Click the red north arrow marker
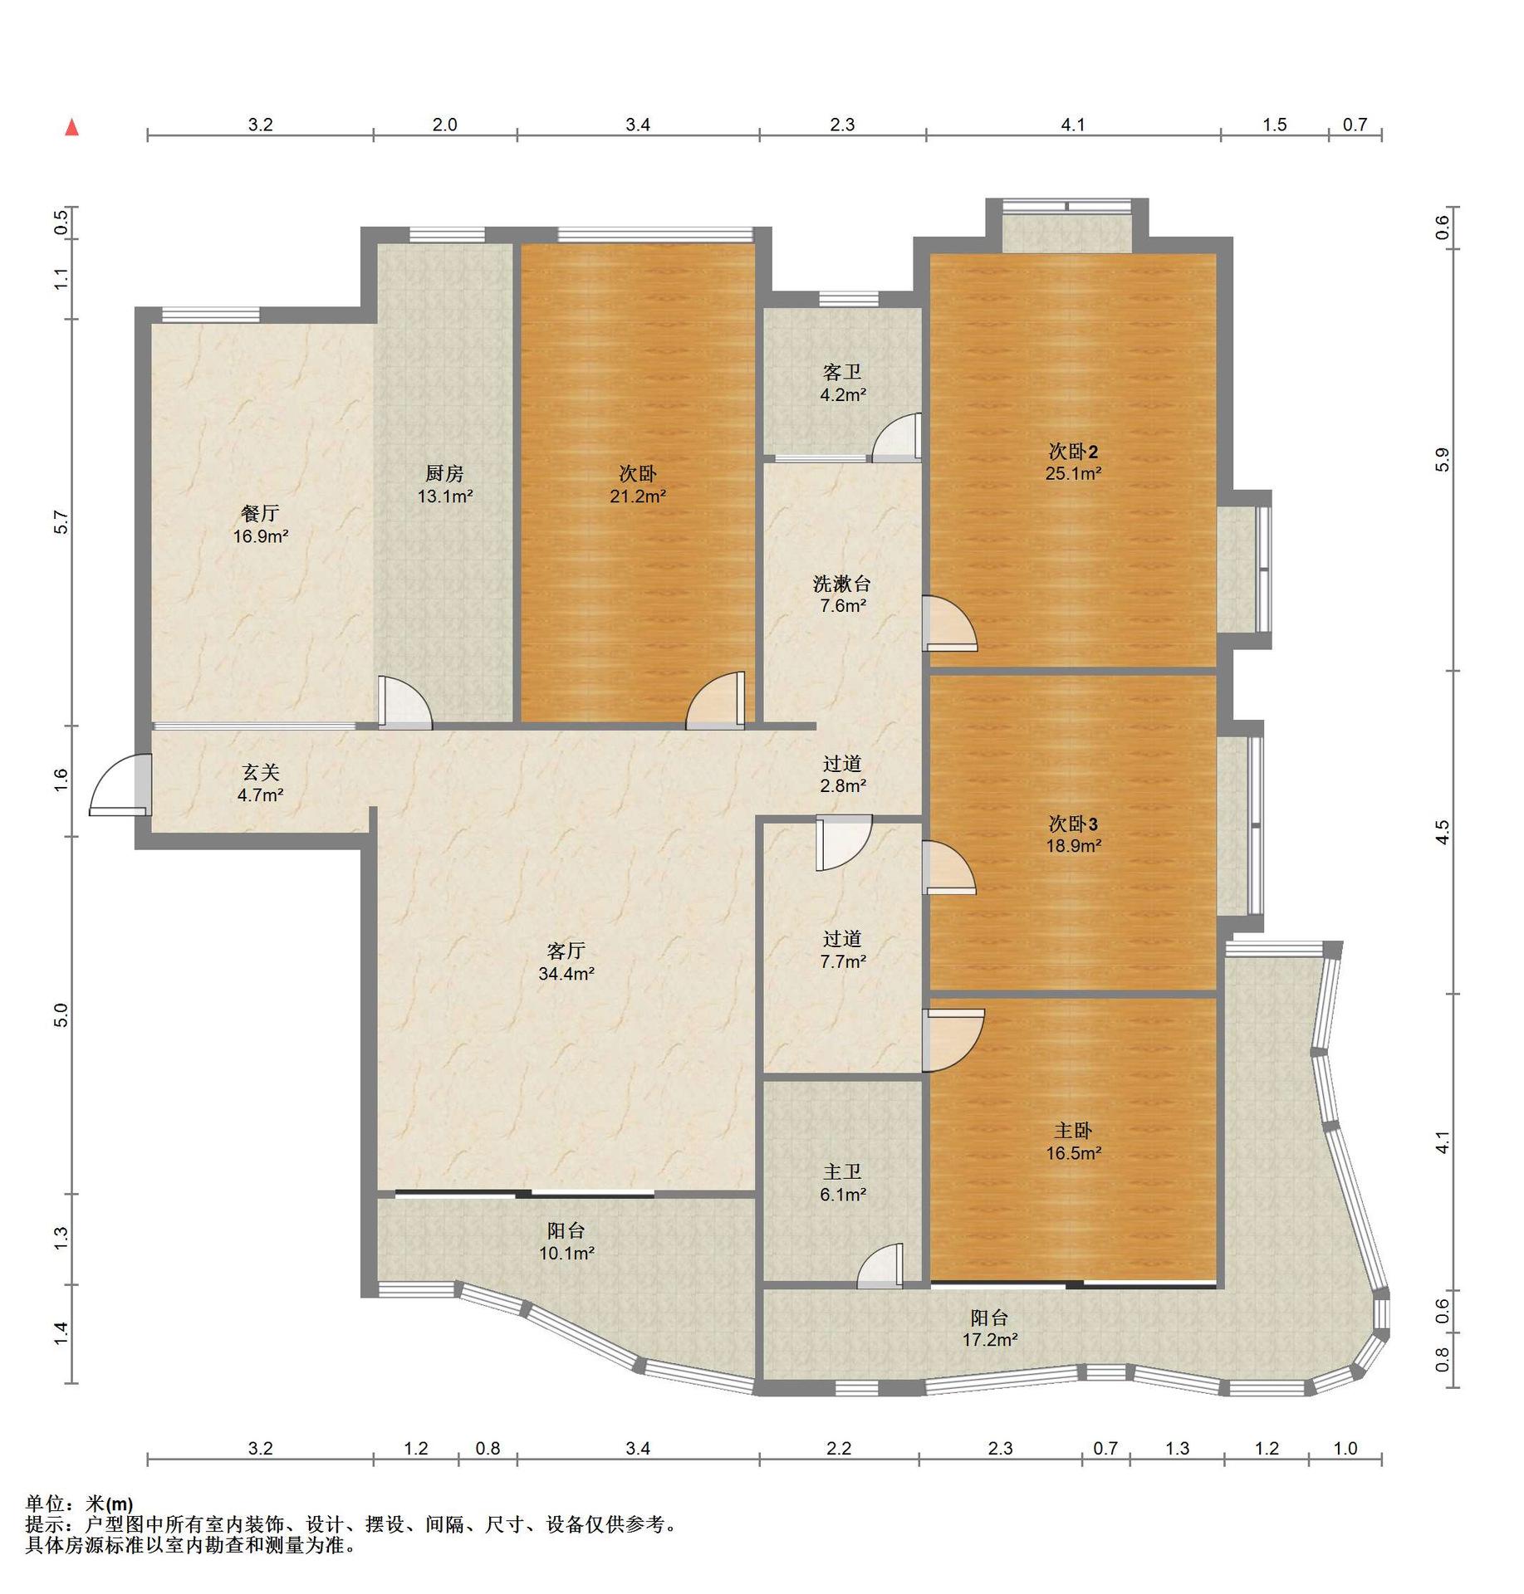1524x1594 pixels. click(72, 127)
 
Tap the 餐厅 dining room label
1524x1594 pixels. click(260, 514)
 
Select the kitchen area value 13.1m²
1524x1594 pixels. click(445, 496)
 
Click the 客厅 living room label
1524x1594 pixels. click(566, 951)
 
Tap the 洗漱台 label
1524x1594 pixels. click(841, 584)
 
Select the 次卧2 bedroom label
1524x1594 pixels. click(1073, 452)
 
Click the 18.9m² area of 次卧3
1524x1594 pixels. click(1073, 846)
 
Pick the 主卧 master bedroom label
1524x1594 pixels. click(1073, 1131)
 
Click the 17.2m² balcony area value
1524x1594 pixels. click(990, 1339)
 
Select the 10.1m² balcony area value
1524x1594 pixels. click(566, 1253)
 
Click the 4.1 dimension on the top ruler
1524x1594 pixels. click(1073, 125)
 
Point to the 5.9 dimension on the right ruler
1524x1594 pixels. click(1442, 459)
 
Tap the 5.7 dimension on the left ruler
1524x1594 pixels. click(59, 521)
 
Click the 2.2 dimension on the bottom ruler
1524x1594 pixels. click(839, 1448)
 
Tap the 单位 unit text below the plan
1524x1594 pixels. click(45, 1504)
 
